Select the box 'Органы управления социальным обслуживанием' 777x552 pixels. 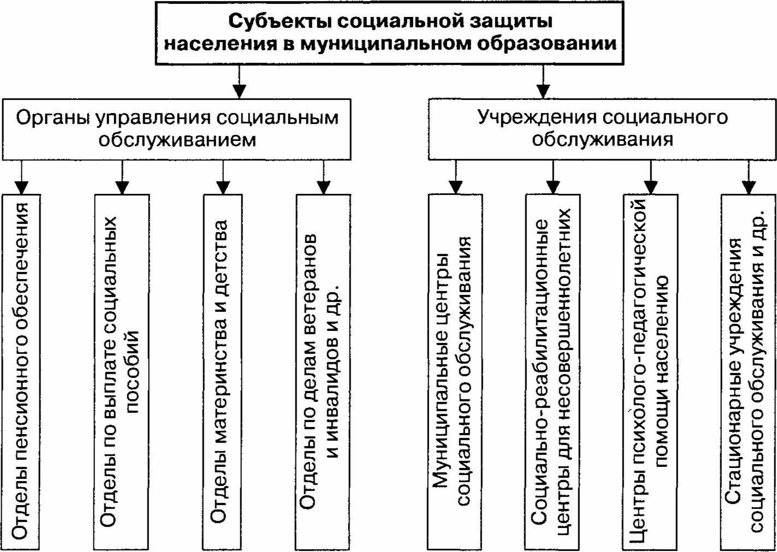pyautogui.click(x=176, y=129)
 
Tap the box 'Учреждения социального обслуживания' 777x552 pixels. pyautogui.click(x=602, y=129)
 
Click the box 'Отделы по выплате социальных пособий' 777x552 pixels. pyautogui.click(x=121, y=371)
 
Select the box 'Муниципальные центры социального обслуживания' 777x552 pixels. pyautogui.click(x=455, y=371)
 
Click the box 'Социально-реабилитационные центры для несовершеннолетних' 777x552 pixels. pyautogui.click(x=553, y=371)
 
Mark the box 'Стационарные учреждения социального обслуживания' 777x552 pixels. pyautogui.click(x=748, y=371)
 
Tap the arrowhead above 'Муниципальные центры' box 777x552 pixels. pyautogui.click(x=455, y=187)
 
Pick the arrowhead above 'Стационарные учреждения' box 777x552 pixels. pyautogui.click(x=748, y=187)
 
